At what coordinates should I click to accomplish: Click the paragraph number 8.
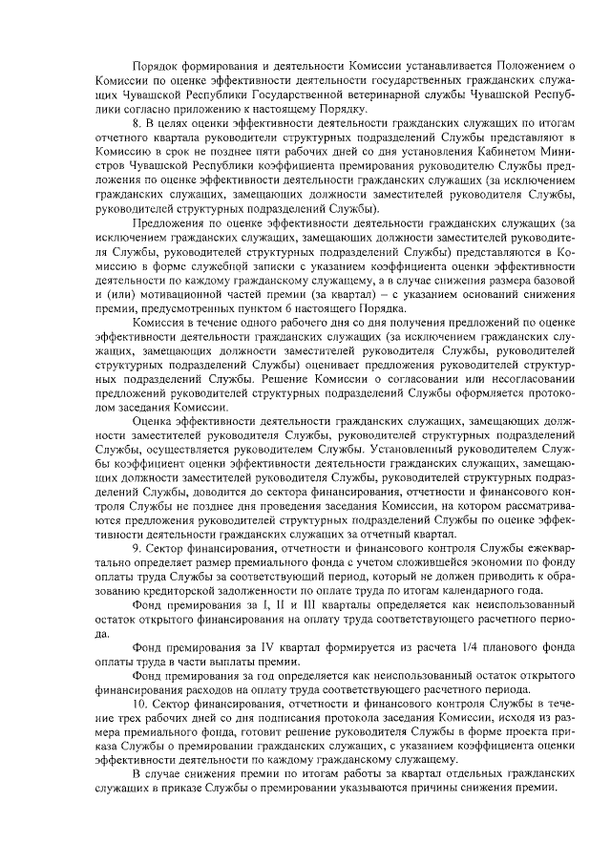click(136, 125)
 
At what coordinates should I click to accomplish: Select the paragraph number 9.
click(136, 549)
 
